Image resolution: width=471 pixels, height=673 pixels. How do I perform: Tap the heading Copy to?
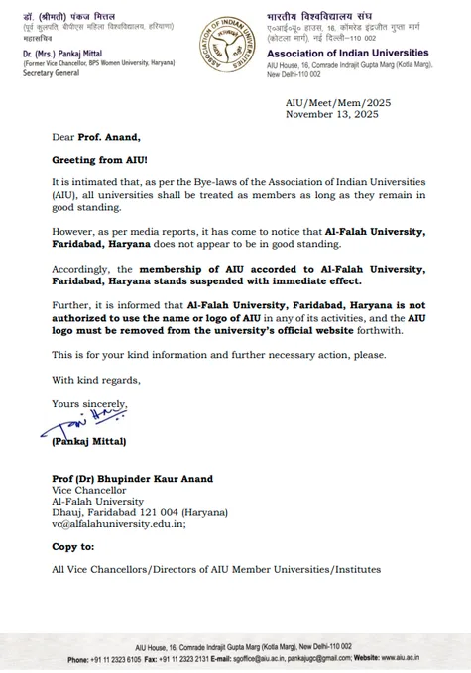(x=73, y=547)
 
